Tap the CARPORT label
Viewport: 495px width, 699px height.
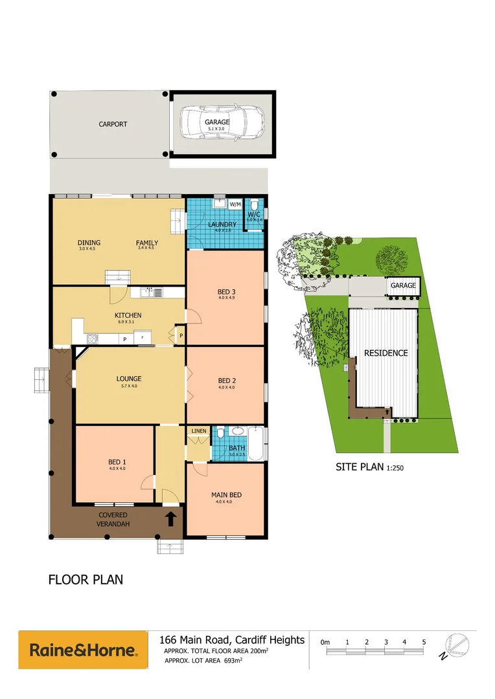pos(113,124)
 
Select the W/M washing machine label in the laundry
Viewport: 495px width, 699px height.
pos(235,205)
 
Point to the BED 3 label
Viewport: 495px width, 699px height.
pos(226,292)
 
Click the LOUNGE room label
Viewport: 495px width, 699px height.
pos(129,379)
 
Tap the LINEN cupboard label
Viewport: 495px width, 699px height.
pos(198,431)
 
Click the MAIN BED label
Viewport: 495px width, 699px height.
pos(226,496)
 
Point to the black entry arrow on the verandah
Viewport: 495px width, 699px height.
pos(171,518)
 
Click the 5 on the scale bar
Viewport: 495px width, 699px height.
pos(424,642)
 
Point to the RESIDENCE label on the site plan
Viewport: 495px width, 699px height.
pos(386,353)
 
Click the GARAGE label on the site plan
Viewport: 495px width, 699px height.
pos(403,285)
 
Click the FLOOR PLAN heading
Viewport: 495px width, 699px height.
pos(86,579)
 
